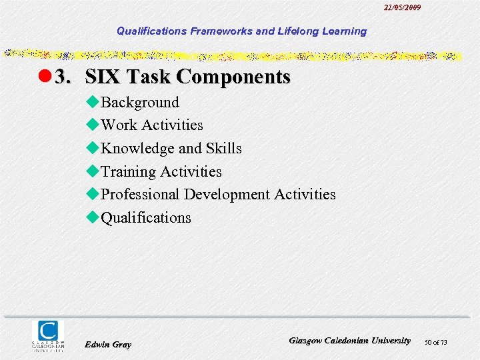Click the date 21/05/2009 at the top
pos(402,7)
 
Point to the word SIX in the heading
pos(103,77)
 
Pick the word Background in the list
pos(139,102)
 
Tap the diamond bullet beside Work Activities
pos(93,125)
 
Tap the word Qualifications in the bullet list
pos(145,217)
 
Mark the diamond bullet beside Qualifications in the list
pos(93,217)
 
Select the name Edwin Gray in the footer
pos(108,344)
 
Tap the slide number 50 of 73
pos(435,342)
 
